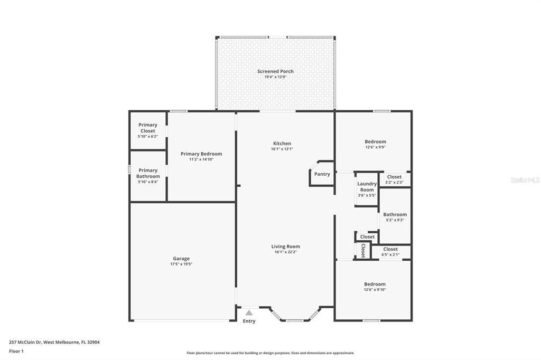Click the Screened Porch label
[275, 71]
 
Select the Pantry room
[322, 174]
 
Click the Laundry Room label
[367, 187]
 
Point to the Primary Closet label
[148, 128]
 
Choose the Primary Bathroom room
[148, 176]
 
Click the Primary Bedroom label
[201, 154]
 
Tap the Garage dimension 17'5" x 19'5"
[181, 264]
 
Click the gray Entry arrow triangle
[249, 313]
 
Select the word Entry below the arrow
[249, 321]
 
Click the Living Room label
[285, 247]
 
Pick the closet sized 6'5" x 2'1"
[390, 252]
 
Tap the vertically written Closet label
[363, 250]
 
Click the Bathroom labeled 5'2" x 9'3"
[395, 217]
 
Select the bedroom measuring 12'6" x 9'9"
[375, 144]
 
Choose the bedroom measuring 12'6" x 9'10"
[375, 287]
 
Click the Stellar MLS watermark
[525, 180]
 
